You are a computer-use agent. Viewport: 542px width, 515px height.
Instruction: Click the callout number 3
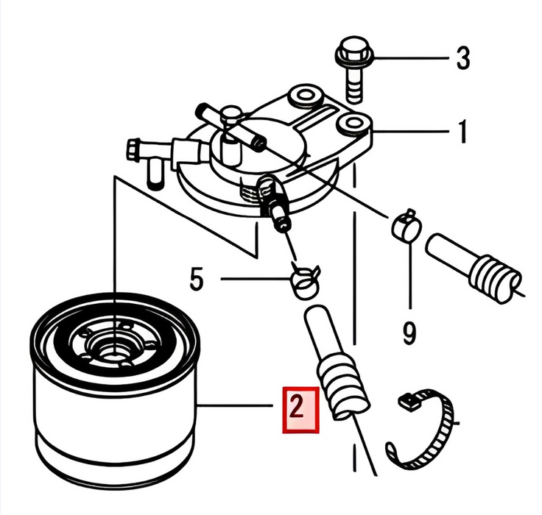[x=463, y=58]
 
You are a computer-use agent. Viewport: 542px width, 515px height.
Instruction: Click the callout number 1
[x=462, y=131]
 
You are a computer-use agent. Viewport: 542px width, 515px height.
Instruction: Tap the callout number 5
[x=197, y=279]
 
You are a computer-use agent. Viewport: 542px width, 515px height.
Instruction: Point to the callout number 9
[x=409, y=333]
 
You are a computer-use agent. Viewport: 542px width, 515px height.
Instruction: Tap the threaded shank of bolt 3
[x=353, y=85]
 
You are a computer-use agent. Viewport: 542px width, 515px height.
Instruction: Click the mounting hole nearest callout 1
[x=353, y=123]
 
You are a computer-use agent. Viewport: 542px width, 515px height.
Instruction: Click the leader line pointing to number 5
[x=256, y=278]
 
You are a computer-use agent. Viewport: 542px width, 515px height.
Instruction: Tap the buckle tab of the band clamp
[x=409, y=402]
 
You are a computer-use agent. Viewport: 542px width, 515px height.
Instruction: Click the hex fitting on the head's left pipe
[x=133, y=149]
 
